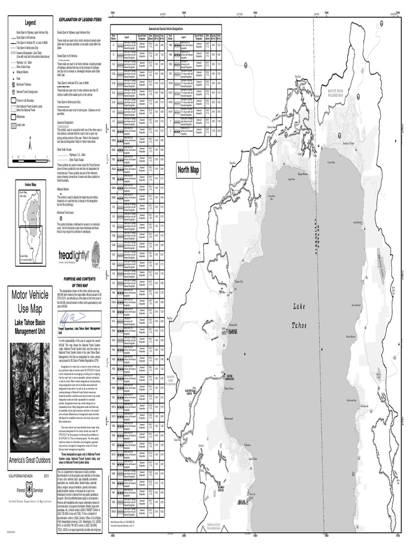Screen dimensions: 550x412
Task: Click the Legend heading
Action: point(30,22)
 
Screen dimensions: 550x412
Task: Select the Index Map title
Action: point(30,184)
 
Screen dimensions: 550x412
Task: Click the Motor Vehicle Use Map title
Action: point(30,302)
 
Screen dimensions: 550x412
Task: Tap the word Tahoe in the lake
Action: point(299,326)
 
